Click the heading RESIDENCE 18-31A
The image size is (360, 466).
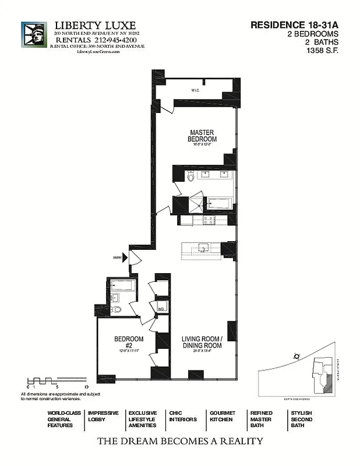[295, 25]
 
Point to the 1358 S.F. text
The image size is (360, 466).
[322, 51]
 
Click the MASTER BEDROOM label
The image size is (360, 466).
[202, 136]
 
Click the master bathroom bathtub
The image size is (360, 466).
[220, 204]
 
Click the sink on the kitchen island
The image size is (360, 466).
[203, 248]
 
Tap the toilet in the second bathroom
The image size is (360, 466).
[116, 309]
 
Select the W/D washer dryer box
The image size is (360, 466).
[161, 306]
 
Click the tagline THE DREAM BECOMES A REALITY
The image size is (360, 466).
[180, 441]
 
